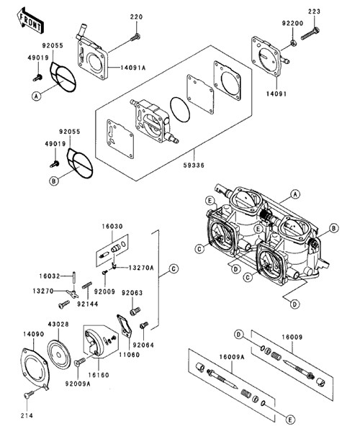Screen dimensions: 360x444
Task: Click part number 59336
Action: coord(194,165)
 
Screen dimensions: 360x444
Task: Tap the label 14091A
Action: coord(133,68)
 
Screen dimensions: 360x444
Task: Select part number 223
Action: coord(314,12)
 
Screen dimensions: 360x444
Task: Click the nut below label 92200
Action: coord(294,43)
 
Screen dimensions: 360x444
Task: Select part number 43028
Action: coord(58,324)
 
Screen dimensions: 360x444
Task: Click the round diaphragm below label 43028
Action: coord(58,355)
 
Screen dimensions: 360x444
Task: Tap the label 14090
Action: coord(34,334)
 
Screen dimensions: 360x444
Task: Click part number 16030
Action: coord(112,227)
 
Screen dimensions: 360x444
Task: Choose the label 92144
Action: coord(88,304)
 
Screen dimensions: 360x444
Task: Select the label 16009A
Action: coord(232,358)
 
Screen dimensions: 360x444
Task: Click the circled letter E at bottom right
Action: coord(290,420)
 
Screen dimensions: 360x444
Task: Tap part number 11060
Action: coord(129,355)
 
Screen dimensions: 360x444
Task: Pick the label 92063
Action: coord(132,293)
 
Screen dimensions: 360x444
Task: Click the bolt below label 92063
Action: coord(135,311)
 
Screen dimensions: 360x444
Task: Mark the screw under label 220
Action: coord(135,37)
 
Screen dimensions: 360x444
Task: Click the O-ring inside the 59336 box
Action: coord(180,110)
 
